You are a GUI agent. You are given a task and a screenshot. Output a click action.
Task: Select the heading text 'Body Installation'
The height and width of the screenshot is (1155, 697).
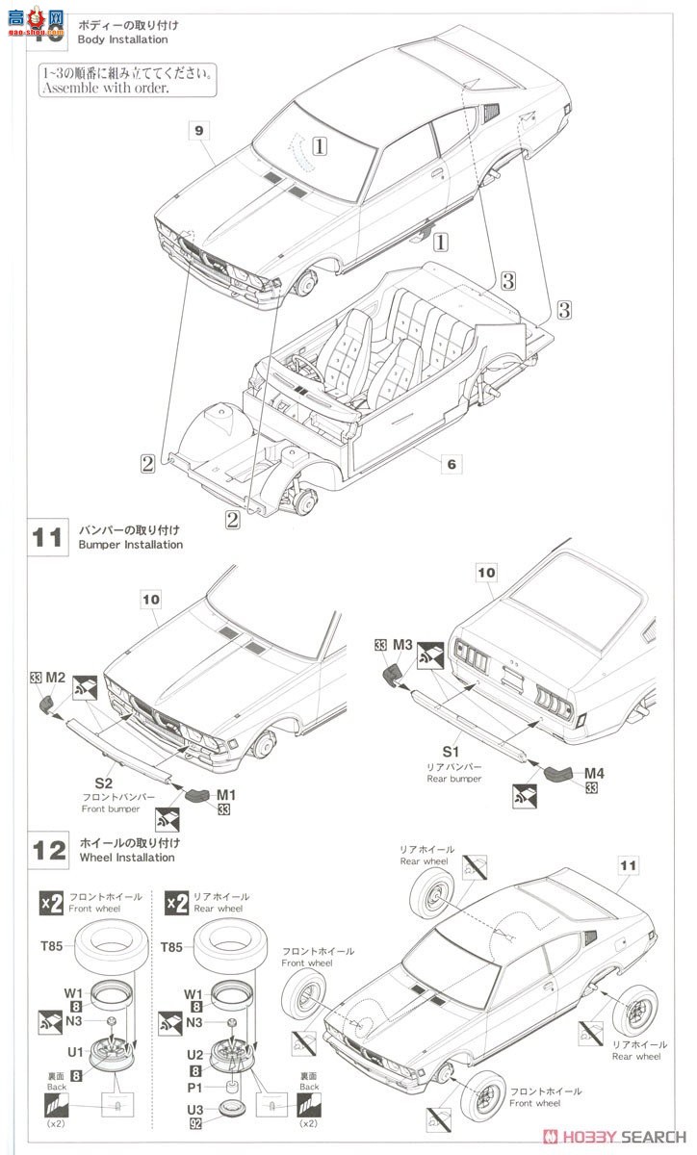pyautogui.click(x=123, y=39)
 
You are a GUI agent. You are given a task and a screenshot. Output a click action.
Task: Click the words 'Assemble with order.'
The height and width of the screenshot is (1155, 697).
pyautogui.click(x=104, y=88)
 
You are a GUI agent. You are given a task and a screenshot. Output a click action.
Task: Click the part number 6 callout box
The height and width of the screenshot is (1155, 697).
pyautogui.click(x=449, y=464)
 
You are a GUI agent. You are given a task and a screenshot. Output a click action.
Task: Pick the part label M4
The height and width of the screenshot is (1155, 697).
pyautogui.click(x=594, y=772)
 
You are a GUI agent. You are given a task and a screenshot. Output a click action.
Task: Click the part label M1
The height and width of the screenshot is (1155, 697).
pyautogui.click(x=226, y=795)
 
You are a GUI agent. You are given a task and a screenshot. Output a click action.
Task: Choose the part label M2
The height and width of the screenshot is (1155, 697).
pyautogui.click(x=56, y=679)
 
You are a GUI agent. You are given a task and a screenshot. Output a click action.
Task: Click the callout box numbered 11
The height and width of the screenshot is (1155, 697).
pyautogui.click(x=628, y=865)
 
